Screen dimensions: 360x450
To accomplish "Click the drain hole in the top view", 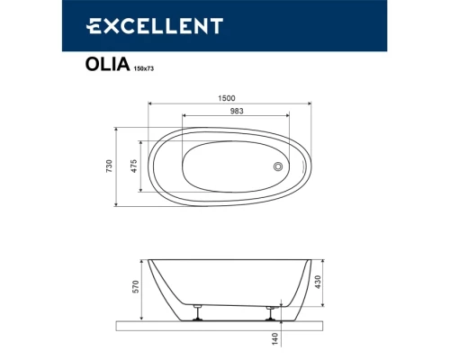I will [x=278, y=166].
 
